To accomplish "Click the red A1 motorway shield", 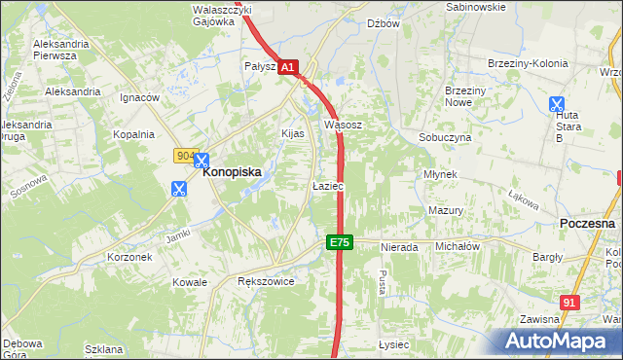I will (x=288, y=67).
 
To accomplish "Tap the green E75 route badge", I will (x=338, y=242).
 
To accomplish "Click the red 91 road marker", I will (x=570, y=303).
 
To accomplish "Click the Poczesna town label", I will (x=588, y=223).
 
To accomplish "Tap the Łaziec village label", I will (x=326, y=185).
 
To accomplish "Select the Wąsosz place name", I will (x=344, y=125).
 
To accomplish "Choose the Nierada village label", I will (x=399, y=247).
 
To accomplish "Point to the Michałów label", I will (x=458, y=247).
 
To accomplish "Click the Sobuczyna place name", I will (x=445, y=138).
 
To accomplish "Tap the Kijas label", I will (x=293, y=132).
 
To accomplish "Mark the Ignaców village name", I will (x=139, y=97).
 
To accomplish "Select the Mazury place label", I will (x=445, y=210).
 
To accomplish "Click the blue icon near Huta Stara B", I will (x=556, y=104).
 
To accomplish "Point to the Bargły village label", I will (x=547, y=257).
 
